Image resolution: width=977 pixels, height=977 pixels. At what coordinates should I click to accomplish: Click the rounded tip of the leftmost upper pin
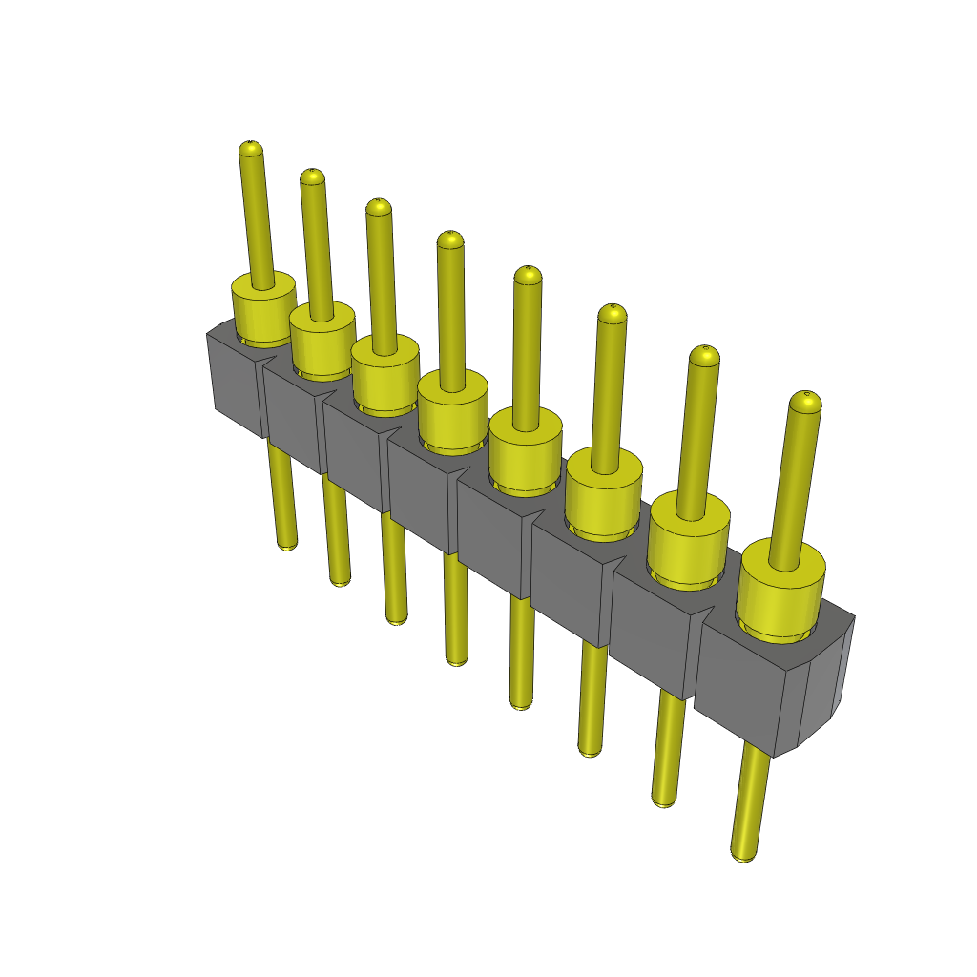pos(249,148)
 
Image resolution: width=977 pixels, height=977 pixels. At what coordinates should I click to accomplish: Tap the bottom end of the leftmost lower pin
pos(286,544)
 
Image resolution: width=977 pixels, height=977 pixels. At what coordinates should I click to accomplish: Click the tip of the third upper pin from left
pos(379,206)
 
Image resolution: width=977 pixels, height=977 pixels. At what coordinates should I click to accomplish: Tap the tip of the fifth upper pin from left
pos(528,275)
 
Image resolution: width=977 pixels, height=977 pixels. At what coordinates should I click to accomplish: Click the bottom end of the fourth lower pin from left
pos(457,657)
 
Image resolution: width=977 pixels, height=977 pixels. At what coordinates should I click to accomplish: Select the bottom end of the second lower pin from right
pos(663,800)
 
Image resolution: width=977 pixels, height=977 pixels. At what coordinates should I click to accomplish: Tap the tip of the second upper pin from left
pos(312,177)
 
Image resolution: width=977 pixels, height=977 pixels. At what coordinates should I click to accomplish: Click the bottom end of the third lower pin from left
pos(397,617)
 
